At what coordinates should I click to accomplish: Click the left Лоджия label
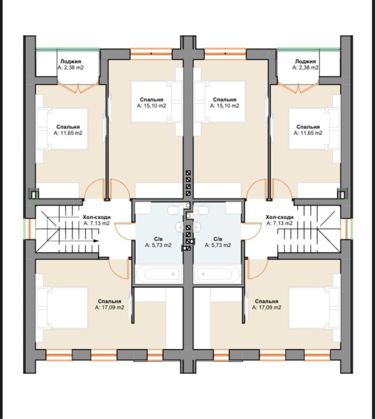point(71,61)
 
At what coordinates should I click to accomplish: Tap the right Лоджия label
point(305,61)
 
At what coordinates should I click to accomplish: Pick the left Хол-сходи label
point(96,217)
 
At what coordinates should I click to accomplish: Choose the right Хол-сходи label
point(279,217)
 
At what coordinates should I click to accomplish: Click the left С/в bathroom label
point(158,239)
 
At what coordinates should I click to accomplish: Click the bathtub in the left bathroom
point(159,274)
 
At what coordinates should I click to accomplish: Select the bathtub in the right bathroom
point(217,274)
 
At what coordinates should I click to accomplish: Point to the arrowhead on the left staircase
point(96,241)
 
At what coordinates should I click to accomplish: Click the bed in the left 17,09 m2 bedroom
point(62,308)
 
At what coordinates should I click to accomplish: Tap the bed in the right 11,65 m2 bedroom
point(314,129)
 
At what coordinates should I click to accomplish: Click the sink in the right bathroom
point(197,227)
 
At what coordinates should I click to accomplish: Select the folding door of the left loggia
point(78,88)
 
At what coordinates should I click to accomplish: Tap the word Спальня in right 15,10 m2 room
point(224,99)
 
